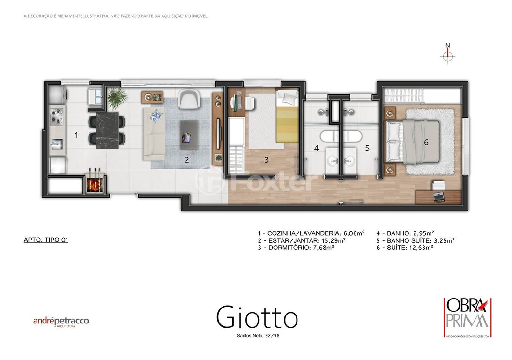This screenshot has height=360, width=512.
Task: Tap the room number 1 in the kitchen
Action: [x=76, y=135]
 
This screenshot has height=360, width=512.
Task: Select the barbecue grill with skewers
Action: [x=96, y=184]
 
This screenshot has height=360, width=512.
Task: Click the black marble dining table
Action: [x=107, y=130]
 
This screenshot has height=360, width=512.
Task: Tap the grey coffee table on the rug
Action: [x=189, y=135]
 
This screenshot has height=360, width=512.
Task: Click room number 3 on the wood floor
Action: [x=267, y=159]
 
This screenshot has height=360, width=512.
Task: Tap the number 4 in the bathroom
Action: [x=316, y=148]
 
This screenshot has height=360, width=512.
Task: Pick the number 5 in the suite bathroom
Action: [x=367, y=148]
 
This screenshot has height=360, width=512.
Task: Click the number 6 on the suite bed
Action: [x=426, y=142]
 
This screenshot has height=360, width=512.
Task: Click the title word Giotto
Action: [x=257, y=316]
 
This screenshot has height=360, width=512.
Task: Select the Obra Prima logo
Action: [x=467, y=317]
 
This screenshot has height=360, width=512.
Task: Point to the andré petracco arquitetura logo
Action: [x=61, y=322]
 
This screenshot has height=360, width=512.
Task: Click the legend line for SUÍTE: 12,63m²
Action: [x=405, y=247]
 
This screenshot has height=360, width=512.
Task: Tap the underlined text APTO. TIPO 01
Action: [x=46, y=240]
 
